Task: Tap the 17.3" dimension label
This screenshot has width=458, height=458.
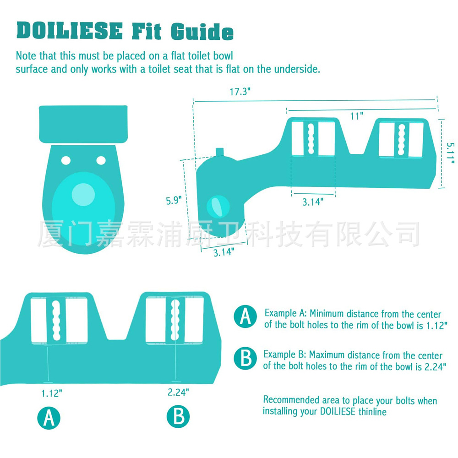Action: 240,92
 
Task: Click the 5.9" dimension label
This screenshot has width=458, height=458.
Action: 174,200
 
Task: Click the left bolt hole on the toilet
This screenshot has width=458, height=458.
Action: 66,160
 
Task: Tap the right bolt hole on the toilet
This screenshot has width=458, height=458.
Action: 101,160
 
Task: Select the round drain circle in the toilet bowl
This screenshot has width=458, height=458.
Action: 83,194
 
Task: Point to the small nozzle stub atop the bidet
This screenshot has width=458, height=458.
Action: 220,152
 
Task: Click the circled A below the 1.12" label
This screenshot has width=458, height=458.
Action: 49,417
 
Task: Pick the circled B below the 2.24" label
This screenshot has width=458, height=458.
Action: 178,417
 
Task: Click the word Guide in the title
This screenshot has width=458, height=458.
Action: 202,31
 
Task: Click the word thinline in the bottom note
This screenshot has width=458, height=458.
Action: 371,412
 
